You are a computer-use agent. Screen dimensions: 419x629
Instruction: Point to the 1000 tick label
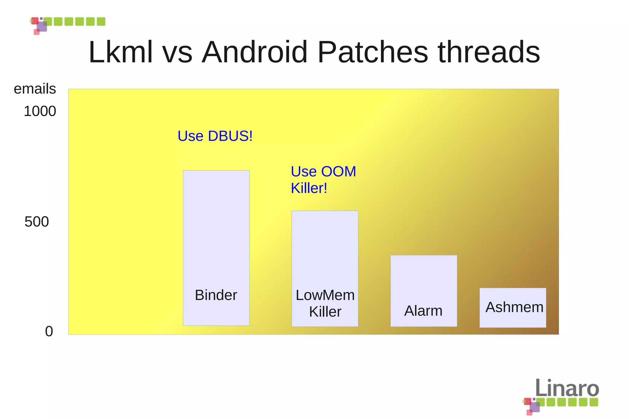(40, 111)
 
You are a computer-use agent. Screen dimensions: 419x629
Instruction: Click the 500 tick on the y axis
(37, 222)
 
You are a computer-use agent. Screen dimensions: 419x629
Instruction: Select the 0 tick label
(49, 332)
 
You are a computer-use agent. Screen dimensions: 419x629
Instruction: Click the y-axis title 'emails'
(35, 89)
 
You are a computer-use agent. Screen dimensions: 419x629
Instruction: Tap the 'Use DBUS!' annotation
(215, 136)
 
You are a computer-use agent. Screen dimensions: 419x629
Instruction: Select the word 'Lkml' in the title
(120, 52)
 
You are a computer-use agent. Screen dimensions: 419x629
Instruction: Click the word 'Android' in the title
(255, 52)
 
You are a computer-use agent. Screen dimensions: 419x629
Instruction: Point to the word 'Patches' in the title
(373, 52)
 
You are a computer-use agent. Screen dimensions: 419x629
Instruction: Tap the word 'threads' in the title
(489, 52)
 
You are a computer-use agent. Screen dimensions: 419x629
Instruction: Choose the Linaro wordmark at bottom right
(567, 388)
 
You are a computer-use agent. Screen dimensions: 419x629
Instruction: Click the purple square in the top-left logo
(42, 26)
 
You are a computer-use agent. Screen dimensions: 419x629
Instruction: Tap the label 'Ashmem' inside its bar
(514, 307)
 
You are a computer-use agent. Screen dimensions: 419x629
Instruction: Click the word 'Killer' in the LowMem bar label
(325, 312)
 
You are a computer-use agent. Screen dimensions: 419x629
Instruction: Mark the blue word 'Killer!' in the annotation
(309, 188)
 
